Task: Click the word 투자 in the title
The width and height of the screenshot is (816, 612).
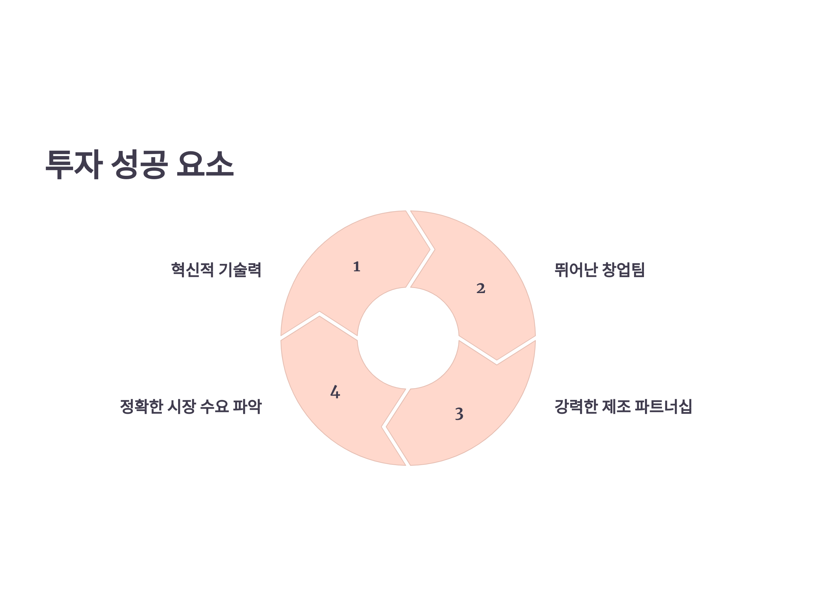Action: click(x=74, y=165)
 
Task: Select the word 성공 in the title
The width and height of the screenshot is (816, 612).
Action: click(x=139, y=165)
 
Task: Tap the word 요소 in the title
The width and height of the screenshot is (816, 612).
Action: click(x=205, y=165)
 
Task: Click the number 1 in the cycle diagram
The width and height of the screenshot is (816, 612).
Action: click(x=356, y=267)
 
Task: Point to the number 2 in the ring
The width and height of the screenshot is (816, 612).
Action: click(x=481, y=288)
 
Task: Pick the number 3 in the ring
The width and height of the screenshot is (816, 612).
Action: click(x=459, y=414)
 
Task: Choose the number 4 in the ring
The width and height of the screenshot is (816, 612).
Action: click(x=335, y=392)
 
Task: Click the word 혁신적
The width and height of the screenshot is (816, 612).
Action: click(x=192, y=270)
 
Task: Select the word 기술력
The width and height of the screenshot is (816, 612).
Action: click(x=240, y=270)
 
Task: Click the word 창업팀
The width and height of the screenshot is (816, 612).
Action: click(x=623, y=270)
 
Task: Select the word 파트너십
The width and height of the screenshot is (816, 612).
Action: click(x=663, y=407)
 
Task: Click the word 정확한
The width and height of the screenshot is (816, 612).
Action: click(x=141, y=407)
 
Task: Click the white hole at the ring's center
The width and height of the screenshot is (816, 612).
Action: click(x=408, y=338)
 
